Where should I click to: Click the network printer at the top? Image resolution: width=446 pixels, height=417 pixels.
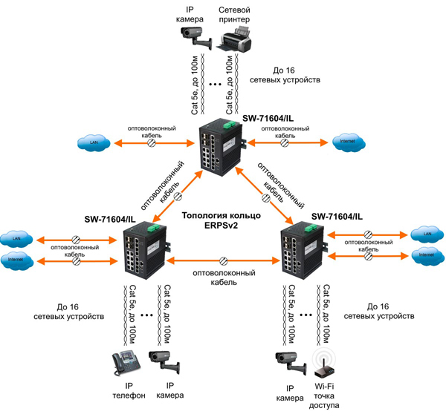pyautogui.click(x=236, y=38)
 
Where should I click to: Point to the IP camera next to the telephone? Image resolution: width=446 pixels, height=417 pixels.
pyautogui.click(x=165, y=362)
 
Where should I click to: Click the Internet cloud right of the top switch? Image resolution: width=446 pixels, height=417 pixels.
pyautogui.click(x=346, y=141)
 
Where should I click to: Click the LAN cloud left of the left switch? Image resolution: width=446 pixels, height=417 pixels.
pyautogui.click(x=17, y=240)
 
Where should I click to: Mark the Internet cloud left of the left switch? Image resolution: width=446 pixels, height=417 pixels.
pyautogui.click(x=17, y=260)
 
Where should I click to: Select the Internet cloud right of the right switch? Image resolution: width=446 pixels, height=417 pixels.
pyautogui.click(x=426, y=255)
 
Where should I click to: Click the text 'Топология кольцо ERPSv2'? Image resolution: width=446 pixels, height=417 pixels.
pyautogui.click(x=222, y=221)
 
